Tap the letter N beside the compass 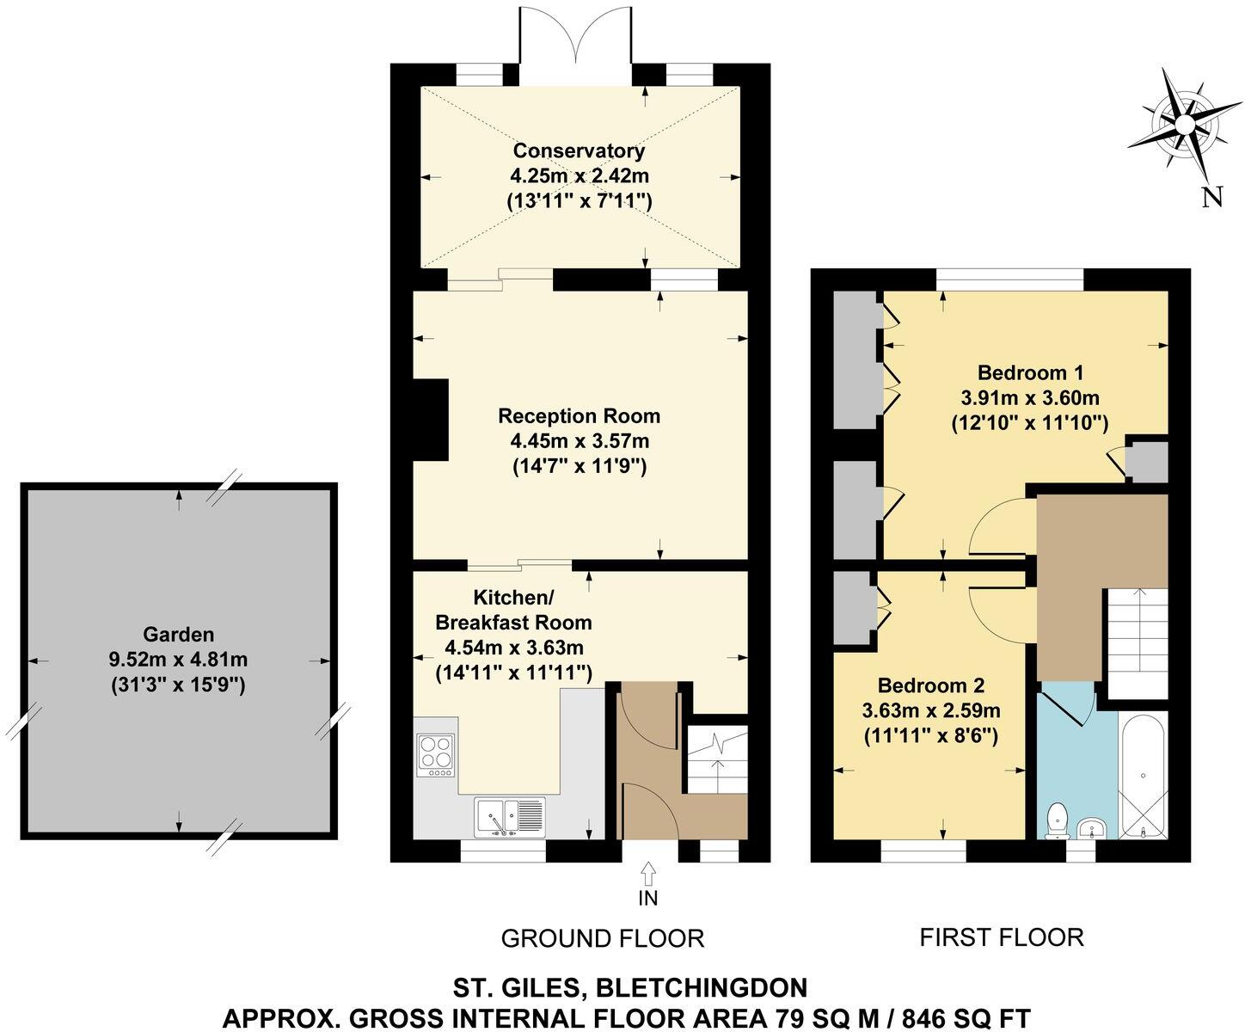(x=1211, y=197)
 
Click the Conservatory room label (x=579, y=150)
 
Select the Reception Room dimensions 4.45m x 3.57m (x=579, y=441)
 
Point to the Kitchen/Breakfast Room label (x=513, y=609)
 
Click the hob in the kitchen (x=436, y=754)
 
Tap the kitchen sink (x=509, y=815)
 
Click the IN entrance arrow (x=647, y=877)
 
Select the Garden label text (x=178, y=635)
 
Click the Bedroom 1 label (x=1029, y=372)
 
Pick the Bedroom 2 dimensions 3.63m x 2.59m (x=931, y=711)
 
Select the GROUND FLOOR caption (x=602, y=938)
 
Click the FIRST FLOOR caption (x=1002, y=937)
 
